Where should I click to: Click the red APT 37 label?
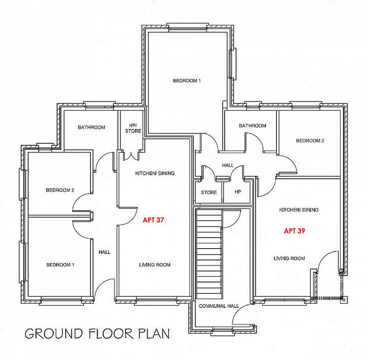[153, 220]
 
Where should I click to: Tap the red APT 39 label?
[294, 231]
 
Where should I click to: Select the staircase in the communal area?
[208, 253]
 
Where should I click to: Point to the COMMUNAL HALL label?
[219, 306]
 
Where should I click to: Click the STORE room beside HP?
[209, 192]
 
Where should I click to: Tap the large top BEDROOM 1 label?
[187, 81]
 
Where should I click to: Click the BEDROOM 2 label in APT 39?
[310, 141]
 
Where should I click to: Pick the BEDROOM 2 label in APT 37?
[60, 190]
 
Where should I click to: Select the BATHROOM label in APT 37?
[91, 127]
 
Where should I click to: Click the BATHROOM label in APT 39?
[252, 126]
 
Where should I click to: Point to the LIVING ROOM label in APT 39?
[289, 258]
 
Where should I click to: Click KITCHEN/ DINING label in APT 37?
[155, 173]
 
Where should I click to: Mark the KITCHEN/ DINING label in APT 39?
[299, 210]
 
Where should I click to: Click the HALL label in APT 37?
[104, 252]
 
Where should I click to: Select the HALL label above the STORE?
[228, 165]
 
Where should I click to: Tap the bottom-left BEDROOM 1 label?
[60, 265]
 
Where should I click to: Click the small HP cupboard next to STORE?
[238, 192]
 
